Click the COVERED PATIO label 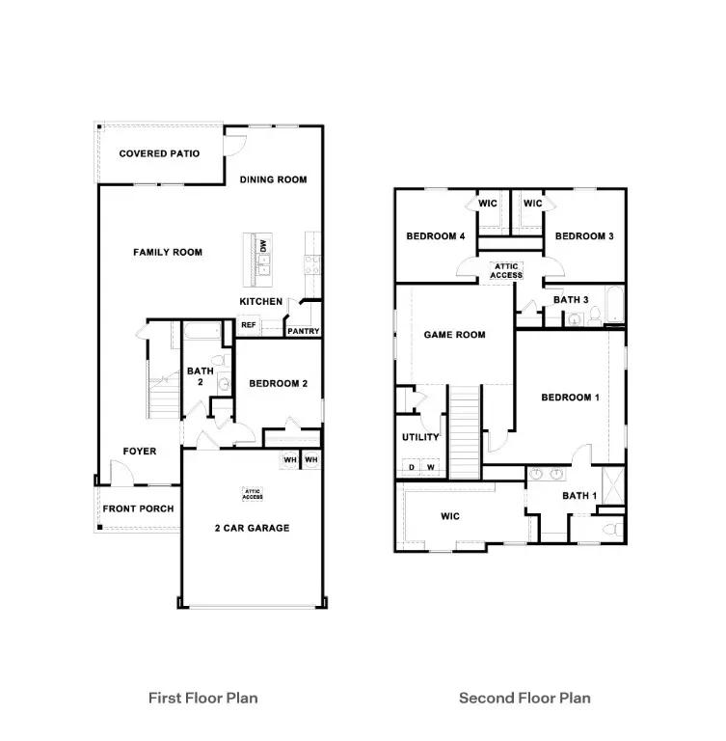[159, 153]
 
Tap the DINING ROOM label [273, 179]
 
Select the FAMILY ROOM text [167, 253]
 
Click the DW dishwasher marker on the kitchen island [262, 247]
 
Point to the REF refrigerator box [248, 326]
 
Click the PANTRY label [303, 332]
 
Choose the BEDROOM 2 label [278, 384]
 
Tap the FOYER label [139, 452]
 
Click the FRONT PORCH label [138, 508]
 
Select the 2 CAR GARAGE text [252, 528]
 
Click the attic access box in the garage [253, 494]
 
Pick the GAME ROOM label [454, 335]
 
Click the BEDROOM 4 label [435, 236]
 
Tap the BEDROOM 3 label [584, 236]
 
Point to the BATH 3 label [571, 300]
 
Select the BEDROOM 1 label [570, 398]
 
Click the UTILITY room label [420, 437]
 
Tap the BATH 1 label [580, 496]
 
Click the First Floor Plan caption [202, 698]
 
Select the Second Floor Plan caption [524, 698]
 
